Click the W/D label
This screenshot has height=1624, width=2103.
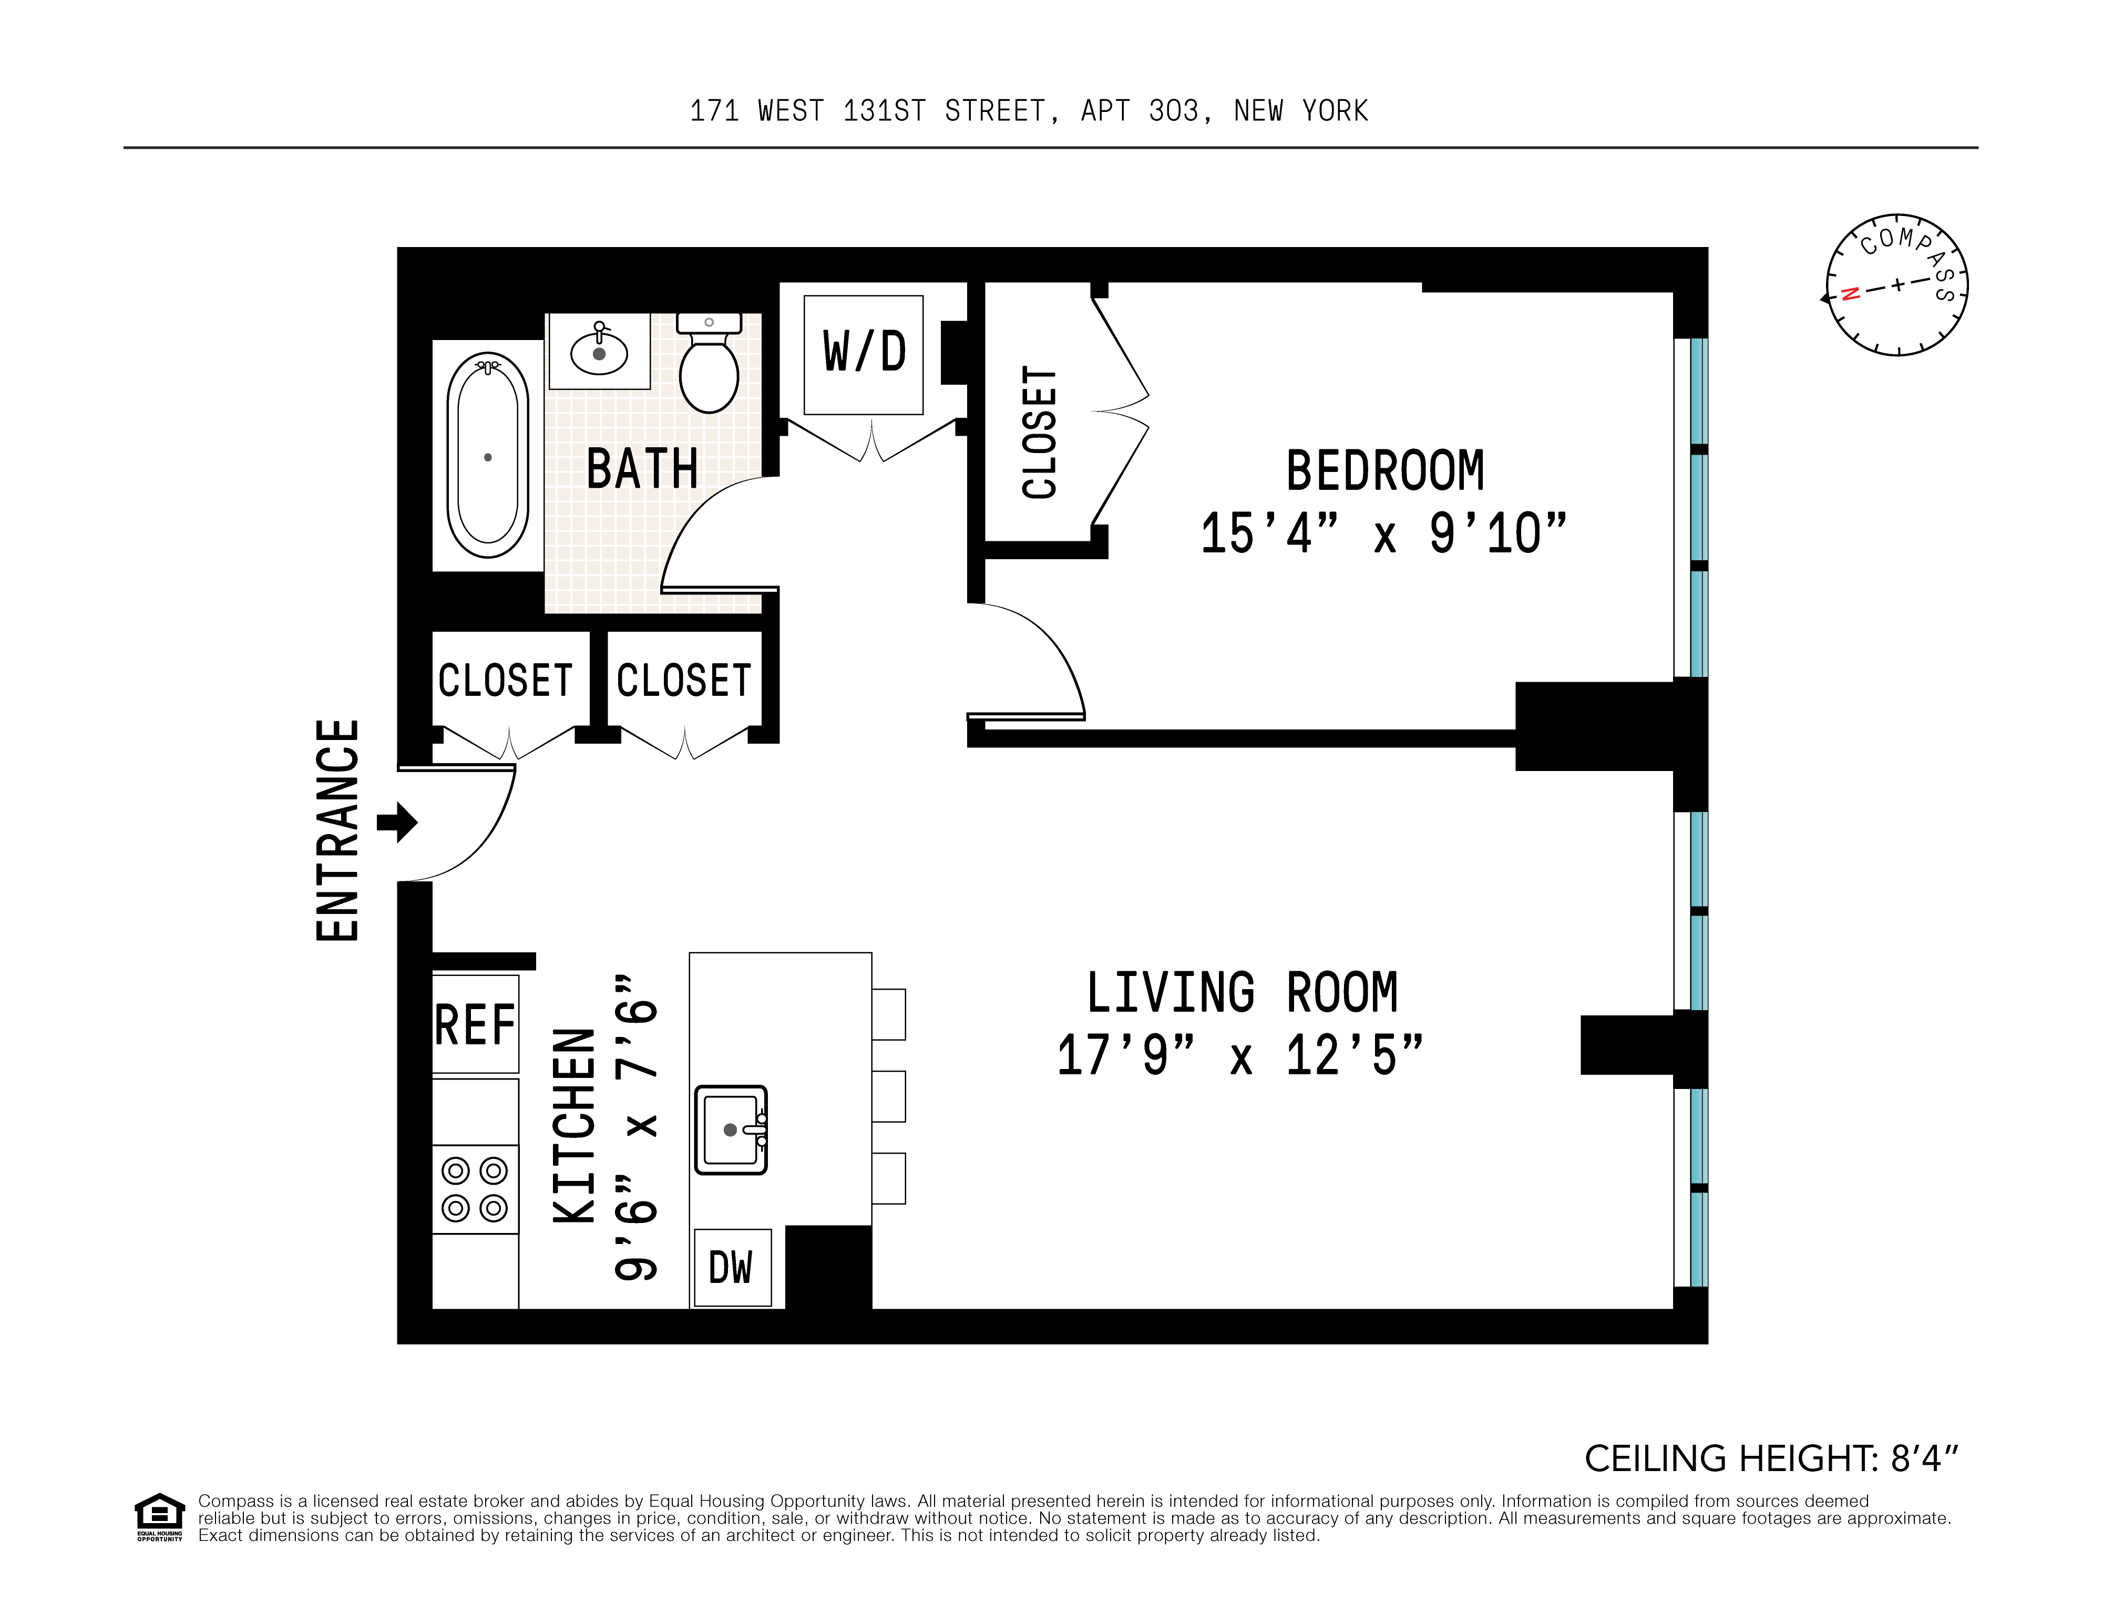[x=864, y=352]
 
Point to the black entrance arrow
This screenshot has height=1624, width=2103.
[x=397, y=822]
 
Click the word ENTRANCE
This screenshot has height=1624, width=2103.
[x=338, y=830]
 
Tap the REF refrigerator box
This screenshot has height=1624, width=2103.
[x=475, y=1024]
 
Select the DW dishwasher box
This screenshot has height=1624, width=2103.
[x=732, y=1267]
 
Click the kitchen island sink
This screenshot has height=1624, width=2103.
[x=731, y=1129]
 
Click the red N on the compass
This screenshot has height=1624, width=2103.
[x=1849, y=294]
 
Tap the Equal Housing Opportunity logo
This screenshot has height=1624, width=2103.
[x=159, y=1516]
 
